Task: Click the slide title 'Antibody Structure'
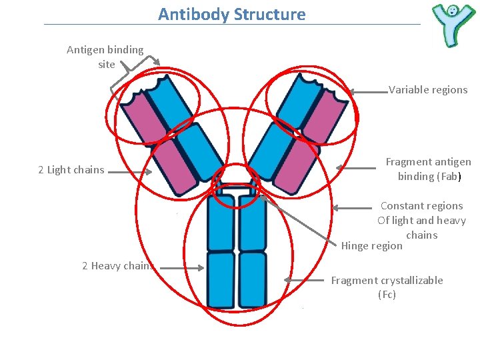click(231, 14)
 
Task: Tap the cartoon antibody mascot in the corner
click(453, 25)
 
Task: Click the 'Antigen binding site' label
click(105, 57)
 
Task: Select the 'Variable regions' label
click(428, 90)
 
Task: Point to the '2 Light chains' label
click(71, 170)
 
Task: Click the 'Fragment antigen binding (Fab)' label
click(428, 169)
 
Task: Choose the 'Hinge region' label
click(371, 245)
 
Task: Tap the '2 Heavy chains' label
click(118, 265)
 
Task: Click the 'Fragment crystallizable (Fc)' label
click(387, 287)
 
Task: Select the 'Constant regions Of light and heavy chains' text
click(421, 220)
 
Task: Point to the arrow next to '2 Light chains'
click(130, 171)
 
